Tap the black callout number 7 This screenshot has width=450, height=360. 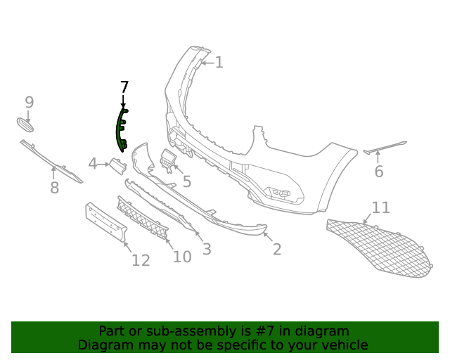124,87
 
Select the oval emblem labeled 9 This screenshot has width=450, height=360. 25,125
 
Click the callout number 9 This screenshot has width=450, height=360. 30,102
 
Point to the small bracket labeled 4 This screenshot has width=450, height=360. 117,166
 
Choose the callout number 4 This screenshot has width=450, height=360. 92,164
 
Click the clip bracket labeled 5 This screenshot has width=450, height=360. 167,160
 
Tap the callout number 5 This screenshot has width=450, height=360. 187,181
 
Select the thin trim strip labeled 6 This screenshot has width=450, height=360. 385,147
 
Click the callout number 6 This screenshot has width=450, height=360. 379,172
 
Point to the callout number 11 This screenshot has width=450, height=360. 381,207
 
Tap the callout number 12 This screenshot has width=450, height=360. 141,260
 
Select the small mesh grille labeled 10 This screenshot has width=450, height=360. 143,217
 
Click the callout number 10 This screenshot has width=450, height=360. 182,257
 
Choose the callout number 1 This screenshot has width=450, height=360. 219,63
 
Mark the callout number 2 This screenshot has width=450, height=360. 277,249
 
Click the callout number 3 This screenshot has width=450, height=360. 207,249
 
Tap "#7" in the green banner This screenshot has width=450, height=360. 266,331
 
